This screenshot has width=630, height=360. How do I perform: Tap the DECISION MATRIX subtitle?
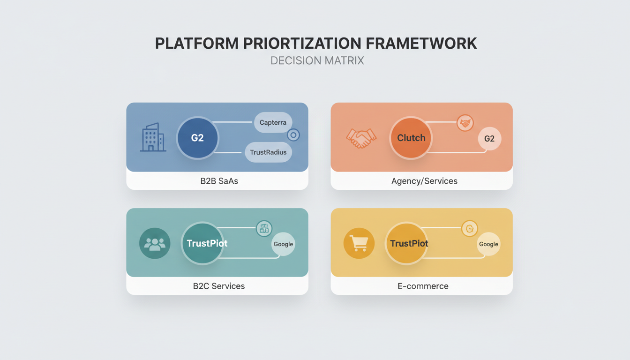pyautogui.click(x=317, y=61)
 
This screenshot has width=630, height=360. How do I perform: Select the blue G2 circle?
pyautogui.click(x=197, y=138)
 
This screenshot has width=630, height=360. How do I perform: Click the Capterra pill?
pyautogui.click(x=273, y=122)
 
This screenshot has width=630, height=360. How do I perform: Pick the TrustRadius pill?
pyautogui.click(x=268, y=152)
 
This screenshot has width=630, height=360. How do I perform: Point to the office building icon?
pyautogui.click(x=153, y=137)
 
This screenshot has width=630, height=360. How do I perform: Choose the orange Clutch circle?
pyautogui.click(x=411, y=138)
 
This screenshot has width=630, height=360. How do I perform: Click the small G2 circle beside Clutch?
pyautogui.click(x=489, y=139)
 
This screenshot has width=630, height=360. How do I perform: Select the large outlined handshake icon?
pyautogui.click(x=361, y=138)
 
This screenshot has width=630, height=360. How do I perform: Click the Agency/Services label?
pyautogui.click(x=424, y=181)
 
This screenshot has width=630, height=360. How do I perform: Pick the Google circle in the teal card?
pyautogui.click(x=283, y=244)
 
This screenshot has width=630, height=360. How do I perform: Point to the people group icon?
pyautogui.click(x=155, y=243)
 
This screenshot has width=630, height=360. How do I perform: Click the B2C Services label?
pyautogui.click(x=218, y=286)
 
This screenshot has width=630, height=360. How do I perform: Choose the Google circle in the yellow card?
pyautogui.click(x=488, y=244)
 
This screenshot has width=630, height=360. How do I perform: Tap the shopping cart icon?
pyautogui.click(x=359, y=243)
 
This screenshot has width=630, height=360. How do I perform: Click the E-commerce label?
pyautogui.click(x=423, y=286)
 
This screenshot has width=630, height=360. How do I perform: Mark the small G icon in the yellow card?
pyautogui.click(x=469, y=229)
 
